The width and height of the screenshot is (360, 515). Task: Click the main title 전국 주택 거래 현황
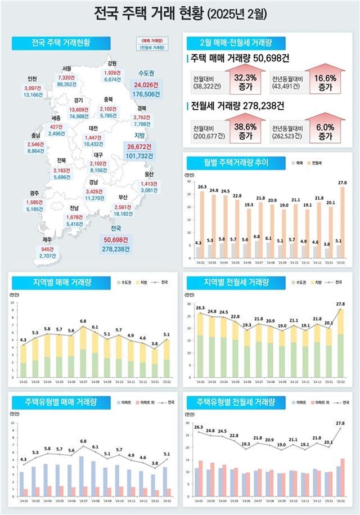(x=180, y=13)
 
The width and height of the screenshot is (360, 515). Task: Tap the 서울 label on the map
(x=66, y=69)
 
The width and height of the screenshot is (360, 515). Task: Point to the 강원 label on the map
(x=112, y=63)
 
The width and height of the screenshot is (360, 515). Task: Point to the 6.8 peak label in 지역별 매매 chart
(x=83, y=321)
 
